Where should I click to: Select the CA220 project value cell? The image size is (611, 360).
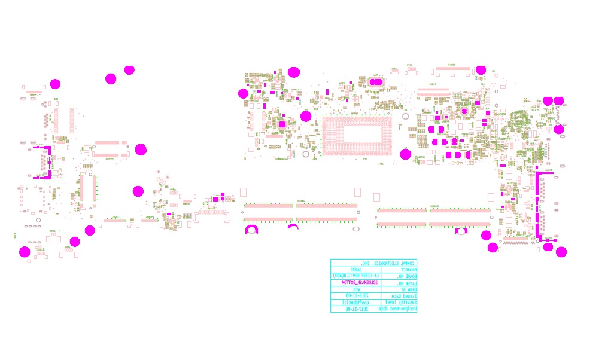[x=356, y=269]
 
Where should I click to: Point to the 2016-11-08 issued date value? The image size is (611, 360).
[x=357, y=296]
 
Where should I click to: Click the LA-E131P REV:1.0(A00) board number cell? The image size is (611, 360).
[x=356, y=276]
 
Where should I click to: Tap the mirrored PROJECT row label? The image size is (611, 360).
[x=408, y=269]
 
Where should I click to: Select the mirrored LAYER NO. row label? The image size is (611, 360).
[x=406, y=283]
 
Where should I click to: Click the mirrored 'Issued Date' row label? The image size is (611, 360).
[x=404, y=296]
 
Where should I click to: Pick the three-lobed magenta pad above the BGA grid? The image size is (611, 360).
[x=376, y=82]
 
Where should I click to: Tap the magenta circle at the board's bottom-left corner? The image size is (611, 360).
[x=25, y=252]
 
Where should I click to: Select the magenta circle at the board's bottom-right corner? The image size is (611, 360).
[x=561, y=252]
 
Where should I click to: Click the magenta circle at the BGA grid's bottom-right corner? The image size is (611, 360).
[x=406, y=154]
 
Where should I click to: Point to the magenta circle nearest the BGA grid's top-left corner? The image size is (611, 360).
[x=306, y=116]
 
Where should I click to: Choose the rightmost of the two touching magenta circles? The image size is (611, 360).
[x=559, y=101]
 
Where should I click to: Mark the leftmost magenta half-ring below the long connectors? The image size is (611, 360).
[x=251, y=229]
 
